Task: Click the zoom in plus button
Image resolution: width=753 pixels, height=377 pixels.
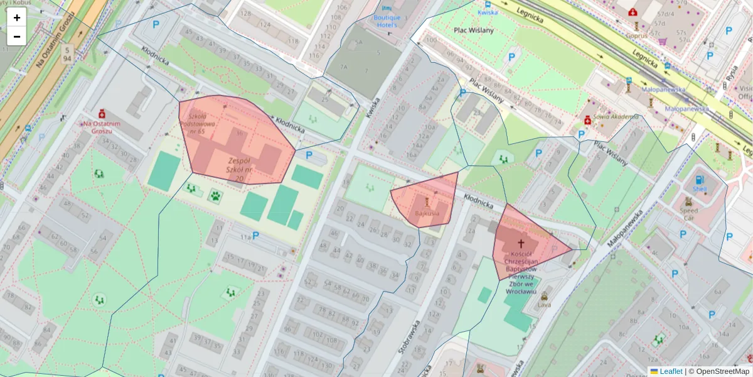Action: point(17,18)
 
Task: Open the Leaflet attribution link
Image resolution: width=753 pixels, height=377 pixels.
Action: point(670,371)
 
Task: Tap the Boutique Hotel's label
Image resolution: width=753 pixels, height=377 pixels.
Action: point(387,21)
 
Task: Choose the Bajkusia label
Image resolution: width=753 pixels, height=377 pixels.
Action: point(427,214)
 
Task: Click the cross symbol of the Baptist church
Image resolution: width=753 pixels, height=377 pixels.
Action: point(521,243)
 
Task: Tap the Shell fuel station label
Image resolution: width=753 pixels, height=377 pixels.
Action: point(699,188)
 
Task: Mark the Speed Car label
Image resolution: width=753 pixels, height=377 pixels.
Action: point(688,211)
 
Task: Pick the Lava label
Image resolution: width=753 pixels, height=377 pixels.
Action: point(544,305)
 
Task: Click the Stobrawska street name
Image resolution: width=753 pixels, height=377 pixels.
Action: point(409,337)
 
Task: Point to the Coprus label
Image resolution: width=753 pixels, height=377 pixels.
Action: point(636,36)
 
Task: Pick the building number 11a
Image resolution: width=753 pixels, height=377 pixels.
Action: point(244,238)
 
